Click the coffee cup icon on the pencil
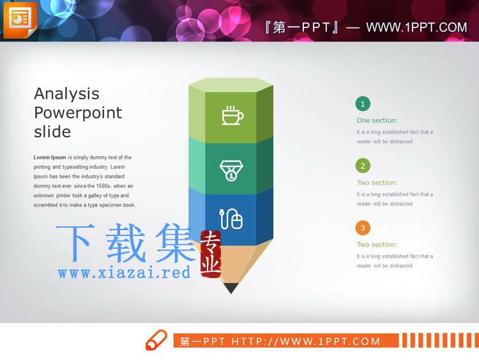point(232,115)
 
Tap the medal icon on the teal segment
point(231,170)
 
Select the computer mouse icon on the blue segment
point(231,219)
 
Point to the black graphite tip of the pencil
point(231,288)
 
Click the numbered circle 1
point(363,104)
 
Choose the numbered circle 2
point(363,166)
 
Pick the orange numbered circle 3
point(363,228)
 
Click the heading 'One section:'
point(377,120)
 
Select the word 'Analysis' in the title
point(66,94)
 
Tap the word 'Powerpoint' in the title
point(78,113)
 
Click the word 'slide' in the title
point(52,132)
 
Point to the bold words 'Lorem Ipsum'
point(50,157)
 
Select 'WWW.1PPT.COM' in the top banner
point(416,27)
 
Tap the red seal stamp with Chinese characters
point(211,254)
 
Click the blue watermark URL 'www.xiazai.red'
point(125,272)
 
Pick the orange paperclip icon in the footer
point(156,340)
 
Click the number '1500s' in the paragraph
point(103,186)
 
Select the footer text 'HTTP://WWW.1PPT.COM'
point(306,341)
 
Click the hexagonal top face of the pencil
point(231,85)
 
